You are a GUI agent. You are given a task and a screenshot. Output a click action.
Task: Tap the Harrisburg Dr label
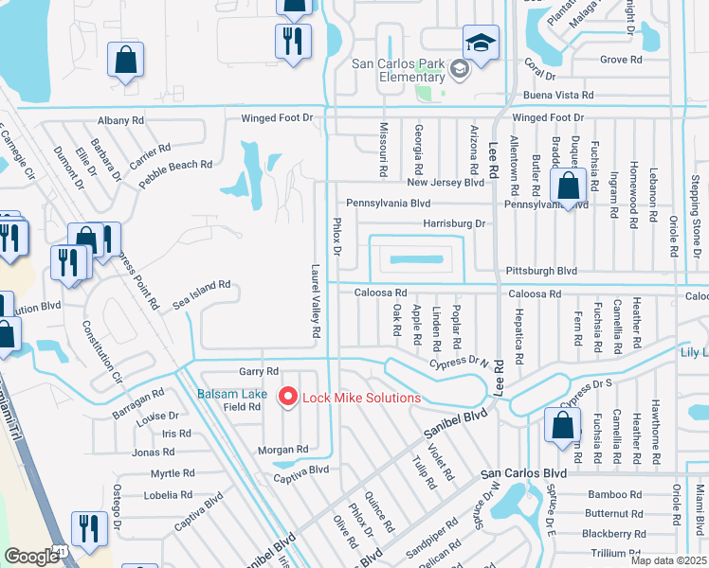(453, 224)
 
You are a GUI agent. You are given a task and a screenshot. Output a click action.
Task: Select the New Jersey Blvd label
(445, 182)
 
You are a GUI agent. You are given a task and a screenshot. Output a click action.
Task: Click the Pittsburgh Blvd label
(541, 270)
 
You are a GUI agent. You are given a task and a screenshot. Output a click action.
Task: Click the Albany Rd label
(120, 120)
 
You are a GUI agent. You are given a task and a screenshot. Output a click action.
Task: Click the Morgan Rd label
(283, 450)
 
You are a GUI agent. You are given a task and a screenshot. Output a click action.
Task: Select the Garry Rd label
(258, 372)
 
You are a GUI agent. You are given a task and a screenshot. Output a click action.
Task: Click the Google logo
(31, 557)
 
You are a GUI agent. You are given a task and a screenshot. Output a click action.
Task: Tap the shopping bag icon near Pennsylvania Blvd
(568, 187)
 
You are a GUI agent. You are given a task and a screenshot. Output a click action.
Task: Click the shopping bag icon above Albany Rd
(125, 61)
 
